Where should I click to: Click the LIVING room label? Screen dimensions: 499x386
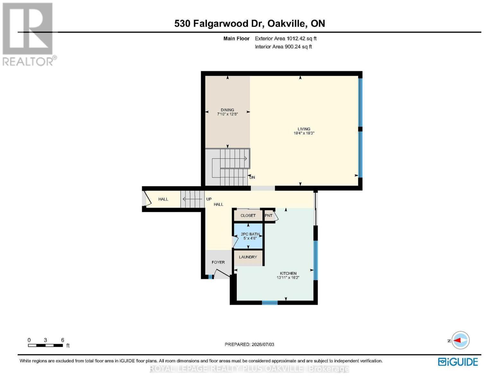pyautogui.click(x=304, y=129)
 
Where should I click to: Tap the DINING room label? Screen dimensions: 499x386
pyautogui.click(x=227, y=110)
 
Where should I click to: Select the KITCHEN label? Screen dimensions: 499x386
pyautogui.click(x=288, y=273)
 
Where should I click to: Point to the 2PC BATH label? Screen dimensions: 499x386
pyautogui.click(x=250, y=234)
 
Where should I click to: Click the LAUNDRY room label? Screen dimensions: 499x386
pyautogui.click(x=248, y=257)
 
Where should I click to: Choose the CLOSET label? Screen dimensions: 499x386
pyautogui.click(x=248, y=216)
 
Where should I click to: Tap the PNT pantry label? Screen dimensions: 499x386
pyautogui.click(x=268, y=216)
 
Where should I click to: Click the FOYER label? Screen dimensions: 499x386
pyautogui.click(x=218, y=262)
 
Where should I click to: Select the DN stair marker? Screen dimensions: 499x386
pyautogui.click(x=252, y=177)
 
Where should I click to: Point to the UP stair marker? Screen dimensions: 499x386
pyautogui.click(x=209, y=199)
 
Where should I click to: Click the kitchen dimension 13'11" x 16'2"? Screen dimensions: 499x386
pyautogui.click(x=288, y=278)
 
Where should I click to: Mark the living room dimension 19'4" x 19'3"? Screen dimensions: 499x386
pyautogui.click(x=304, y=133)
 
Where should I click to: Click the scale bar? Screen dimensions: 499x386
pyautogui.click(x=46, y=345)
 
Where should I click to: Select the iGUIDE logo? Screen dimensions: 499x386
pyautogui.click(x=458, y=362)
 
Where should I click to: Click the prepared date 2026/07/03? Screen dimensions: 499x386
pyautogui.click(x=263, y=345)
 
